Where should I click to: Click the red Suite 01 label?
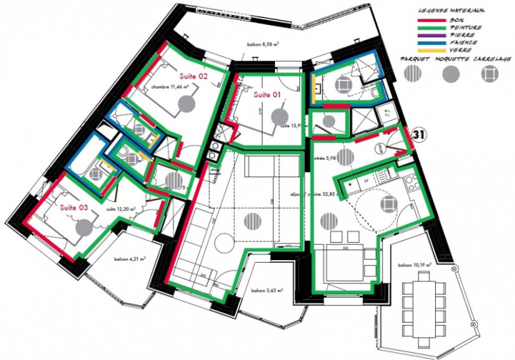click(x=267, y=95)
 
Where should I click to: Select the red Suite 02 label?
click(x=193, y=76)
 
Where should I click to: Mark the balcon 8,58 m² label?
click(x=263, y=46)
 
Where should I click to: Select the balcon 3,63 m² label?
click(x=267, y=290)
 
